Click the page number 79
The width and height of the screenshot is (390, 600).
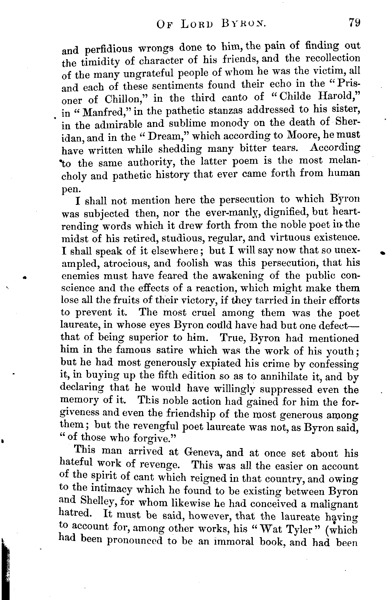pos(354,22)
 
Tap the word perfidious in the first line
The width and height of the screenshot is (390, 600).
pos(108,49)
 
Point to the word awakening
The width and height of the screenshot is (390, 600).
pos(237,276)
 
